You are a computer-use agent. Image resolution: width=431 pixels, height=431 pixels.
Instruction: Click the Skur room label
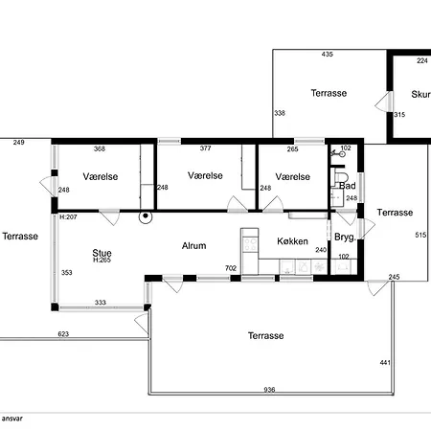(x=420, y=95)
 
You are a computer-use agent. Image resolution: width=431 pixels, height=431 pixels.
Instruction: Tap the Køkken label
(x=292, y=241)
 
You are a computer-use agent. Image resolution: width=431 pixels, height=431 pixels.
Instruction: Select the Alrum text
(x=193, y=246)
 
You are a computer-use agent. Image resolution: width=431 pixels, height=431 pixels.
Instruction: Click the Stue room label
(x=102, y=253)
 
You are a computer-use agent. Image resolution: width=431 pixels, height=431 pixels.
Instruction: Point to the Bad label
(x=348, y=186)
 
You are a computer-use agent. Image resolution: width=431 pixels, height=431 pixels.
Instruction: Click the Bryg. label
(x=345, y=238)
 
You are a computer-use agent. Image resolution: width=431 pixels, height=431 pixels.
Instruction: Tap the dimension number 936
(x=269, y=390)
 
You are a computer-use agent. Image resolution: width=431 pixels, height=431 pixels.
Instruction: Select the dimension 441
(x=385, y=362)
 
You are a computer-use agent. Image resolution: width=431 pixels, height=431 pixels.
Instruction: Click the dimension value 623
(x=63, y=334)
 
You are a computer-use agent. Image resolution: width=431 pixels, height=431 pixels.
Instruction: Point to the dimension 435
(x=328, y=55)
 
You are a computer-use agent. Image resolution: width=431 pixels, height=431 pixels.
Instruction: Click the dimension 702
(x=231, y=268)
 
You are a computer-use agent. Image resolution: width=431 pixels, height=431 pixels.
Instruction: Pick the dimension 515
(x=420, y=235)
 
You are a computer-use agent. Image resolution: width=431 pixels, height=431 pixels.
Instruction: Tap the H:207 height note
(x=68, y=217)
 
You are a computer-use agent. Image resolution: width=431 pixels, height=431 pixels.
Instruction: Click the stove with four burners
(x=250, y=244)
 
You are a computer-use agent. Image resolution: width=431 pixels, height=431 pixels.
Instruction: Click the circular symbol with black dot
(x=146, y=216)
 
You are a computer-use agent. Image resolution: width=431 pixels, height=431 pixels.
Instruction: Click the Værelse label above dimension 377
(x=205, y=175)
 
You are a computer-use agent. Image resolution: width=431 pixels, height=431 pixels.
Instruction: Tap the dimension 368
(x=100, y=148)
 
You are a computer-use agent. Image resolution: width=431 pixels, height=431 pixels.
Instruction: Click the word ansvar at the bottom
(x=12, y=419)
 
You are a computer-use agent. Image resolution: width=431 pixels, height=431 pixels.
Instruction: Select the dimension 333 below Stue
(x=101, y=303)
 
